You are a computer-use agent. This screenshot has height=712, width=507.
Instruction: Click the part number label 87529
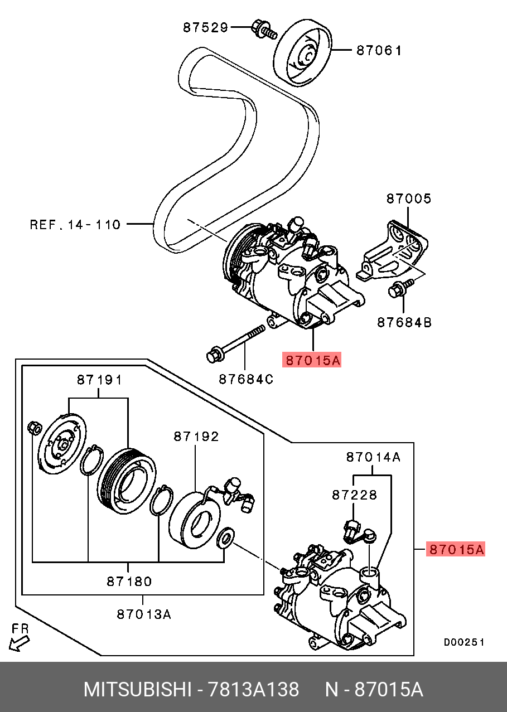(x=206, y=27)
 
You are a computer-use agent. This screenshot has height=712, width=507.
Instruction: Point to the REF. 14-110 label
(x=75, y=225)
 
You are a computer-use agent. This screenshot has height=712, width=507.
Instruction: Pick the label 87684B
(x=404, y=322)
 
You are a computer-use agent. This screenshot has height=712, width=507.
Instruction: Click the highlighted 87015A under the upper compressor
(x=312, y=360)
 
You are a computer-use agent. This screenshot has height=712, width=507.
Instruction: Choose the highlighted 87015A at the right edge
(x=456, y=549)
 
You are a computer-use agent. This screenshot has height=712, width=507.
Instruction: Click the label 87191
(x=99, y=380)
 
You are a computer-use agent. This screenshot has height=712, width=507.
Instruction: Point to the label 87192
(x=196, y=437)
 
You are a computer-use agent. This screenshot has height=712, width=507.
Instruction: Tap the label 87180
(x=129, y=582)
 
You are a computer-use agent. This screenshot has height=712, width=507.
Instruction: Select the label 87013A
(x=143, y=614)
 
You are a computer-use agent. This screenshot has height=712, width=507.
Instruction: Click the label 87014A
(x=373, y=457)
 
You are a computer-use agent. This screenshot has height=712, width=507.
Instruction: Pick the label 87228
(x=355, y=495)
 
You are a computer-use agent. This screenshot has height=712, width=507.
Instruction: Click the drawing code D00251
(x=464, y=642)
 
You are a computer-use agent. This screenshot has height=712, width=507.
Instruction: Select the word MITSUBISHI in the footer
(x=137, y=690)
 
